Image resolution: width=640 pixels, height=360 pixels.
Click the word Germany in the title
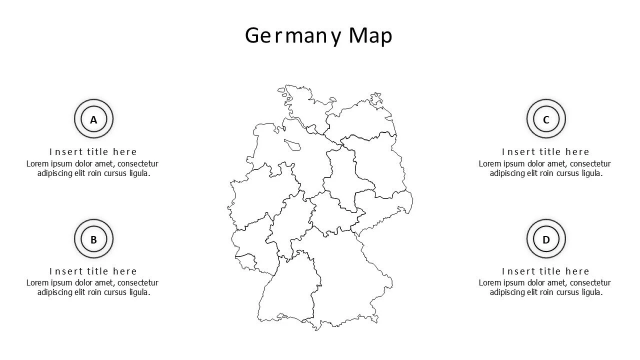(293, 36)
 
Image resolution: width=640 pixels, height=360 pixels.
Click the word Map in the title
(370, 36)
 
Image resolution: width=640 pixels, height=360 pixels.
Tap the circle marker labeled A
(93, 119)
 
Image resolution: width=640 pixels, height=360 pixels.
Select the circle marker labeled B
(93, 239)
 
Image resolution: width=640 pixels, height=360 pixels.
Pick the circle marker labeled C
(546, 119)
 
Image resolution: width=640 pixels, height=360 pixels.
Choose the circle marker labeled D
(546, 239)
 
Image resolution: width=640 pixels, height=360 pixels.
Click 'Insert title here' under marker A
(93, 152)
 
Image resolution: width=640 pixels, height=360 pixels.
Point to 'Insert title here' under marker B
(93, 271)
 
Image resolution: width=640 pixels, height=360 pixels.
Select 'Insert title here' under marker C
(546, 152)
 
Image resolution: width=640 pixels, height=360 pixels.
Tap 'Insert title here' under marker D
(546, 271)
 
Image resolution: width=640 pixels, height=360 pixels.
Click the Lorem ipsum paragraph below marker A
(93, 168)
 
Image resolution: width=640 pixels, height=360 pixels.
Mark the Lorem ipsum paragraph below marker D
(545, 287)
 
